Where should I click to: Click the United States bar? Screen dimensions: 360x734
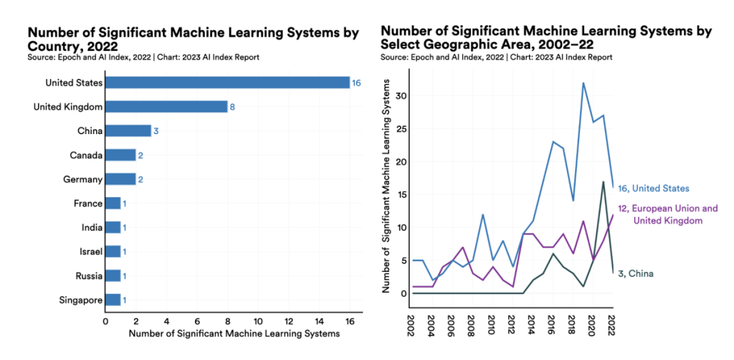click(x=227, y=82)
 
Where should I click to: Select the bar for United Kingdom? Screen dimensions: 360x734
click(x=166, y=107)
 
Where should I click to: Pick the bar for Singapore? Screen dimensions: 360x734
click(x=113, y=299)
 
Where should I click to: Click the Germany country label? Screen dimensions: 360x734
click(x=82, y=179)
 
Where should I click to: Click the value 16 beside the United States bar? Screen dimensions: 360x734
click(x=356, y=83)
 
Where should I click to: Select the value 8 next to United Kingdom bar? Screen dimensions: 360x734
click(x=232, y=107)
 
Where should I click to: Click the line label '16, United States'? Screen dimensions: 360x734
click(x=653, y=188)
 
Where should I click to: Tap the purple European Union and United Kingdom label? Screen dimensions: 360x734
click(x=667, y=214)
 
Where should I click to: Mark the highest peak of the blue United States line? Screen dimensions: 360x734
click(x=583, y=83)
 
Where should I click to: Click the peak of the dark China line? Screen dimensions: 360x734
click(x=603, y=181)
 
